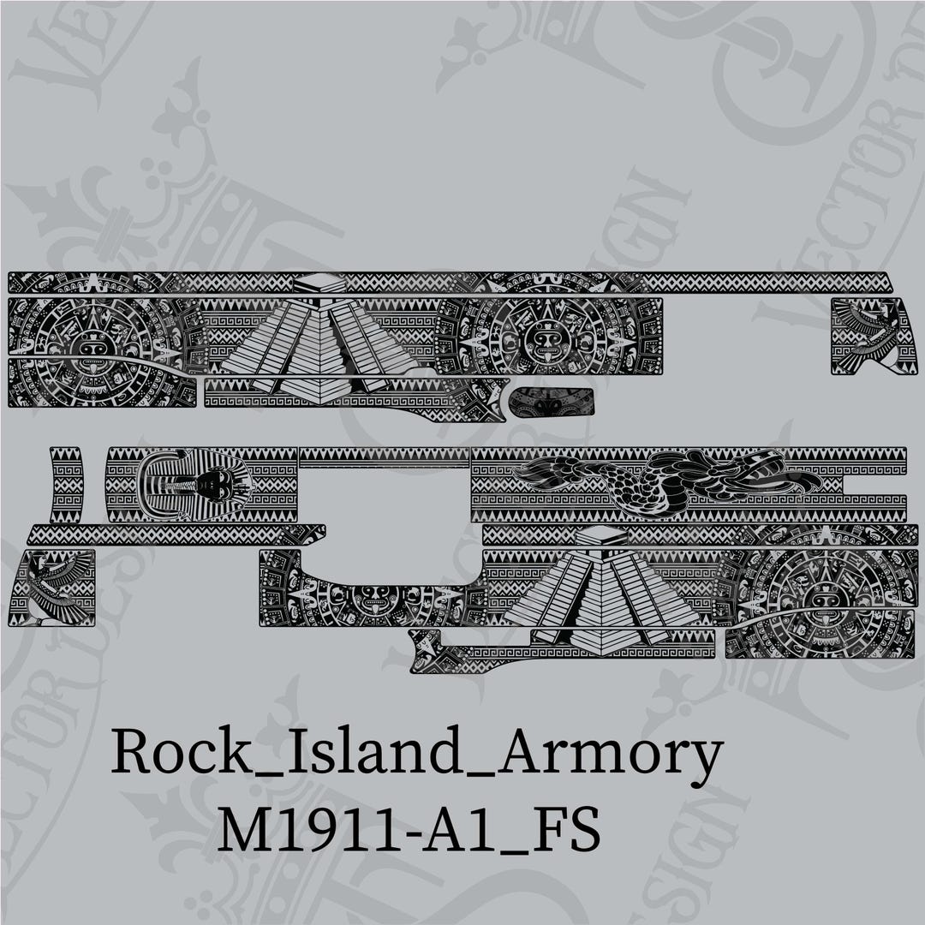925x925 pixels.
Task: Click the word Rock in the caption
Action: pyautogui.click(x=162, y=754)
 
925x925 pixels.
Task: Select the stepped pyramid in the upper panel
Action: pyautogui.click(x=319, y=343)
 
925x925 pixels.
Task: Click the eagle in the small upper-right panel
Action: pyautogui.click(x=870, y=335)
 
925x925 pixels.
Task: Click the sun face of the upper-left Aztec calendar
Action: pyautogui.click(x=92, y=348)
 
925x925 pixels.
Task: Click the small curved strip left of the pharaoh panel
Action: pyautogui.click(x=66, y=485)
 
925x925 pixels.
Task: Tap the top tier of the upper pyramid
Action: pyautogui.click(x=319, y=283)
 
